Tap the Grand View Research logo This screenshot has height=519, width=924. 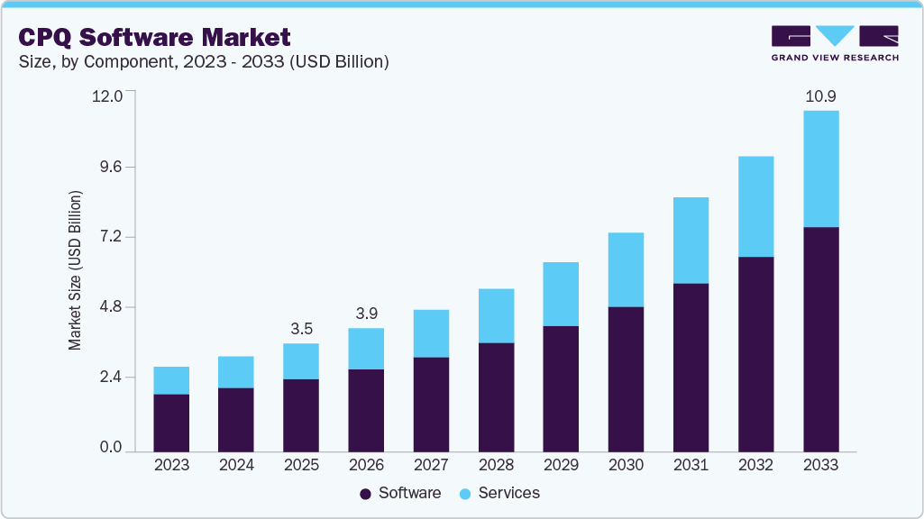834,43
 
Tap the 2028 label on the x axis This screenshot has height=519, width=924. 496,465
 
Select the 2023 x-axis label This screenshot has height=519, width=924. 171,465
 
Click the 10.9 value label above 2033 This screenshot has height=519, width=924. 820,96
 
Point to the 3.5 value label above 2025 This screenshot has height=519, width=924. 301,329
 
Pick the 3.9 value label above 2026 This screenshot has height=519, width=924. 366,314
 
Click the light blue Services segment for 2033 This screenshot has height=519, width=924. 820,168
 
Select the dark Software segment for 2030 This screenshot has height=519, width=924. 626,378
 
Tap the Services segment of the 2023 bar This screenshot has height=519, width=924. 171,380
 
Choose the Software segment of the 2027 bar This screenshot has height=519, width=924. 431,404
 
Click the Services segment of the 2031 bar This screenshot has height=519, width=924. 691,240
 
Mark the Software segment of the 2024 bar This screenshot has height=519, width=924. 236,419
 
